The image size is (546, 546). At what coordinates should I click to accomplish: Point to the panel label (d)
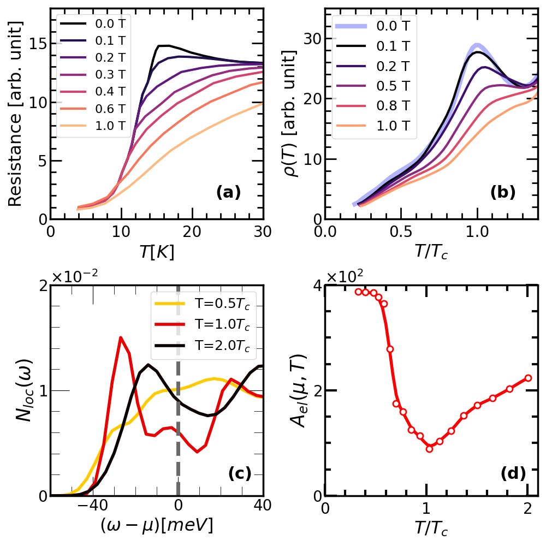[513, 474]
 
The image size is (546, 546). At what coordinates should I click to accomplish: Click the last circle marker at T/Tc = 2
[527, 378]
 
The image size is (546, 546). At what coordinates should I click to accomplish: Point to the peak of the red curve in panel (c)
[121, 338]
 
